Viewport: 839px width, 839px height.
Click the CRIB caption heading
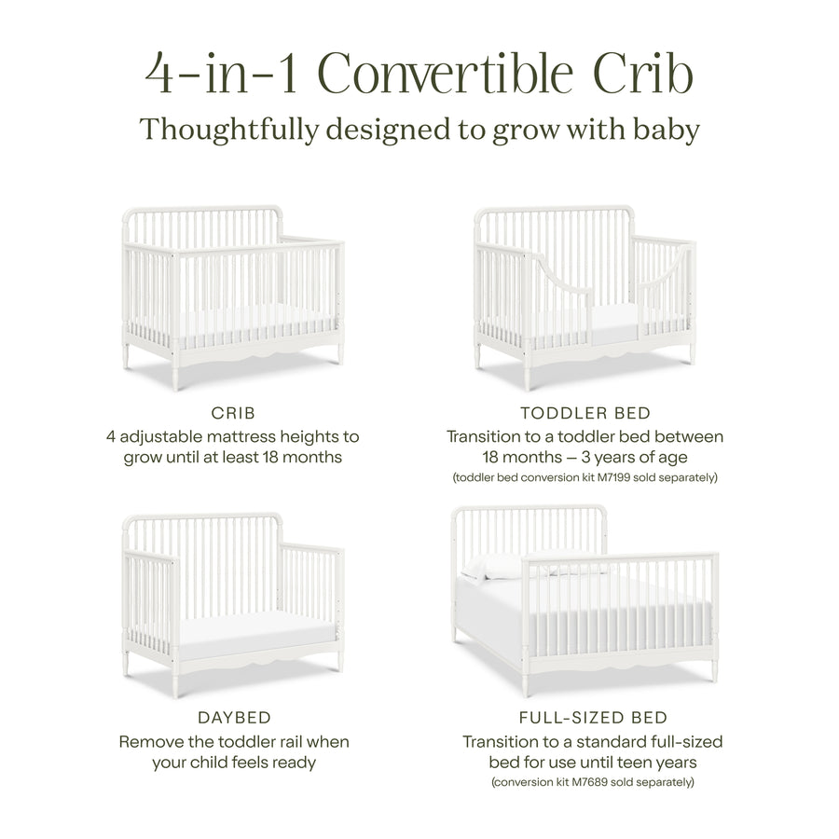click(x=234, y=414)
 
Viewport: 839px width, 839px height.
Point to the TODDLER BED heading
click(x=585, y=414)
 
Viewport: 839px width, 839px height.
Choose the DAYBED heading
click(x=234, y=718)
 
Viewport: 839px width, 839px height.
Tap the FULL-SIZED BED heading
click(x=592, y=718)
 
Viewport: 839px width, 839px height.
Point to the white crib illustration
click(x=233, y=289)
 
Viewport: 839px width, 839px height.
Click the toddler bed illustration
click(x=585, y=294)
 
